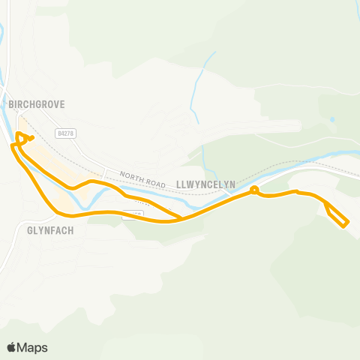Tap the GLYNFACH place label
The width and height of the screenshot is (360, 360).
(x=50, y=231)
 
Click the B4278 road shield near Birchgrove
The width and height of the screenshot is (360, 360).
(x=66, y=133)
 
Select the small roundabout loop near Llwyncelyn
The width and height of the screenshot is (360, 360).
(x=254, y=190)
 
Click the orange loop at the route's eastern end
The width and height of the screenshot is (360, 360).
(x=337, y=215)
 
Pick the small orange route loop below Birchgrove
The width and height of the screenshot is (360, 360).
(x=23, y=137)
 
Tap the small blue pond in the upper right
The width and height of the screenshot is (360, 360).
(x=331, y=119)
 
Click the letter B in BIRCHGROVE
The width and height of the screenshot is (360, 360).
(x=11, y=106)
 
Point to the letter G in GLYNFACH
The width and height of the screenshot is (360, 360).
(x=29, y=231)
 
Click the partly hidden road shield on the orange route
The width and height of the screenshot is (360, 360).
(x=133, y=214)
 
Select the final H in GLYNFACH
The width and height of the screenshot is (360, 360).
(x=71, y=231)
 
